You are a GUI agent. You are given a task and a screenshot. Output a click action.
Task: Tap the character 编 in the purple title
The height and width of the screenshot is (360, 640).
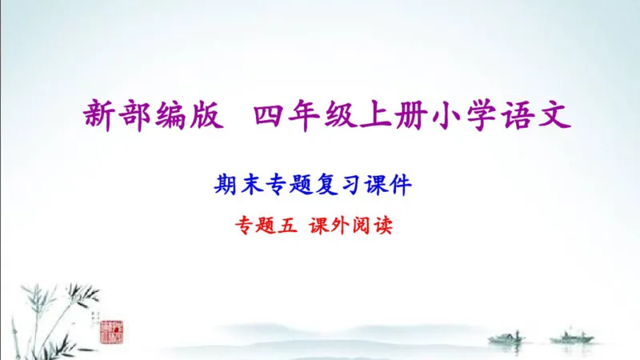tap(169, 116)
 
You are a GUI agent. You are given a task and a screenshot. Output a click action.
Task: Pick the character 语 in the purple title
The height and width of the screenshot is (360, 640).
tap(522, 116)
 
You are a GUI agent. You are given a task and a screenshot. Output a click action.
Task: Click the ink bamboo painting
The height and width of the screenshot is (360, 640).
tap(48, 308)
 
